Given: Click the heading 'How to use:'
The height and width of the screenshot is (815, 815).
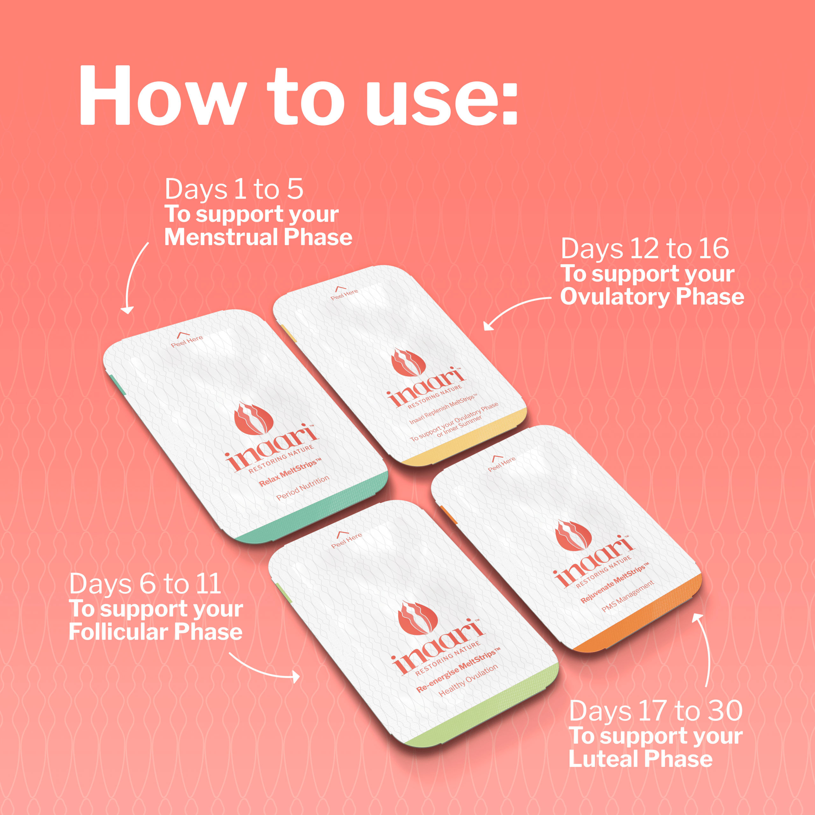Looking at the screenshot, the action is click(x=298, y=96).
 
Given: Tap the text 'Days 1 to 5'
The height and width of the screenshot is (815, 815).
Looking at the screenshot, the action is click(x=234, y=189).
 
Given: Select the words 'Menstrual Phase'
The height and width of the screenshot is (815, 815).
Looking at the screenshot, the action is click(x=258, y=237).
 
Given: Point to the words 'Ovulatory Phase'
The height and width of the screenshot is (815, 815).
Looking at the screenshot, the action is click(x=652, y=297).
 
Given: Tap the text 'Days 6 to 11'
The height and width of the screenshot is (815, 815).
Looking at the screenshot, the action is click(x=145, y=584).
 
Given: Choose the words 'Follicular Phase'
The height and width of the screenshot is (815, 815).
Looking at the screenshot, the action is click(x=156, y=632).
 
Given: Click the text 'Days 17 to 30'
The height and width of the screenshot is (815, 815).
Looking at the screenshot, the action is click(x=656, y=711).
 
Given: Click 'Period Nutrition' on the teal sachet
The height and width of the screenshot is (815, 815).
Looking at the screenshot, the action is click(x=303, y=488).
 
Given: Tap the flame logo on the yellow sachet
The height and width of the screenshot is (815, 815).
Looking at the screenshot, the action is click(x=407, y=362).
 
